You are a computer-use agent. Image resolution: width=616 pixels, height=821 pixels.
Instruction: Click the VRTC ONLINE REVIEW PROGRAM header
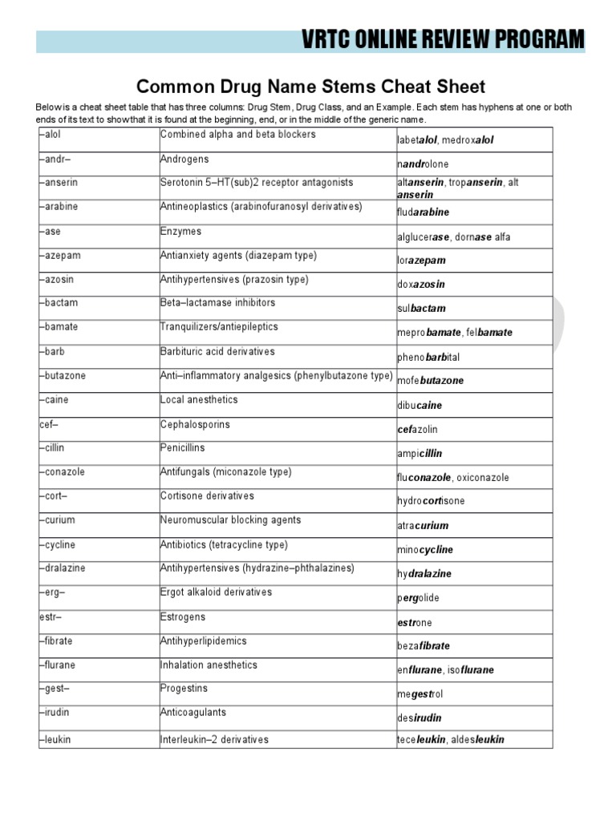tap(444, 39)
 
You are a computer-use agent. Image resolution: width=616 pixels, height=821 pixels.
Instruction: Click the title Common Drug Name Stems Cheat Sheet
tap(311, 86)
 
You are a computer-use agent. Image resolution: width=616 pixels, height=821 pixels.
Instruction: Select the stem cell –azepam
tap(61, 256)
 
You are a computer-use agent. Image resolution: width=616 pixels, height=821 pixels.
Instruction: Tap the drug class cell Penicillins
tap(183, 448)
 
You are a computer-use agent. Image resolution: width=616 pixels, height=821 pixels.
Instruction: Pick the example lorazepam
tap(421, 261)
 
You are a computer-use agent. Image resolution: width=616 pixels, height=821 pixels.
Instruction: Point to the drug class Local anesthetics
tap(199, 400)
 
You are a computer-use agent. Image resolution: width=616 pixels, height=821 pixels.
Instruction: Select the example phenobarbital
tap(428, 357)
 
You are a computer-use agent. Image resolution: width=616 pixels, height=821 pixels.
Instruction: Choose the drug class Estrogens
tap(183, 617)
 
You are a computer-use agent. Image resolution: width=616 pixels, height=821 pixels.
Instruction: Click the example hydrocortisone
tap(431, 501)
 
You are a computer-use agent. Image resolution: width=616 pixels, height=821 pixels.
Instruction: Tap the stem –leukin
tap(56, 739)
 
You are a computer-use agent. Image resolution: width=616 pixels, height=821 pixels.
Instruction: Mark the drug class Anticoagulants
tap(193, 712)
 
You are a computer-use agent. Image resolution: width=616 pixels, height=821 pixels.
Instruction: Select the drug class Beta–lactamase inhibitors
tap(217, 303)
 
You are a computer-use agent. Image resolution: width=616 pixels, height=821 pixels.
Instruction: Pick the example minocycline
tap(425, 550)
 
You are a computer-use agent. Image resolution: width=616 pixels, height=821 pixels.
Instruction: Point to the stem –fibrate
tap(58, 641)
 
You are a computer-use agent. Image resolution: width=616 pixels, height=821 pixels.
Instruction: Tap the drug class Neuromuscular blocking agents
tap(230, 520)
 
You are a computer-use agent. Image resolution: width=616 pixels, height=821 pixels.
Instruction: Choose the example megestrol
tap(420, 694)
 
